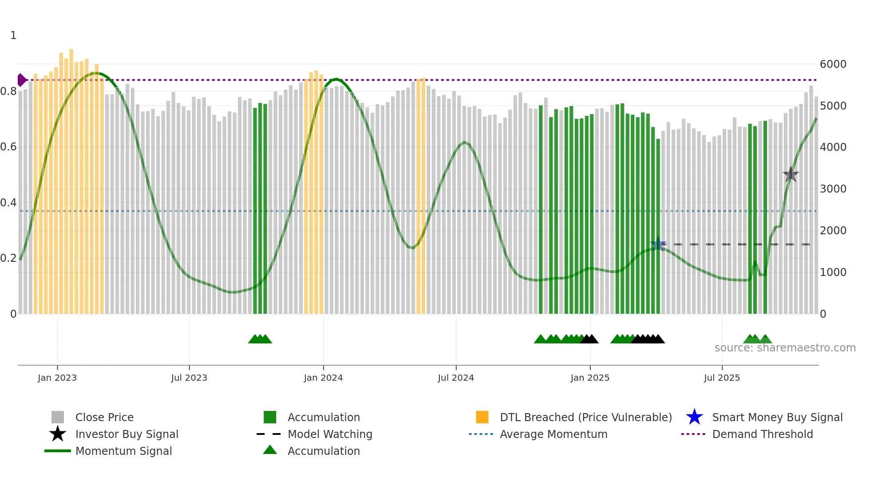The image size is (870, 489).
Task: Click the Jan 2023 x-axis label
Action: coord(57,378)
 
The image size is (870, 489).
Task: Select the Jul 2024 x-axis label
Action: coord(456,378)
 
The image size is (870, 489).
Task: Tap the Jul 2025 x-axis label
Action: coord(722,378)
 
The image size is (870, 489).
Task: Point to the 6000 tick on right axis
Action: coord(833,64)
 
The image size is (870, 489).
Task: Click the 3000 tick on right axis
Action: coord(833,189)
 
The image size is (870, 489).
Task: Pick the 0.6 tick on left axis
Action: coord(9,147)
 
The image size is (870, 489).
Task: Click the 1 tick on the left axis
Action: coord(13,35)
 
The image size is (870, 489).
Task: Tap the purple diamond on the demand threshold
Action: coord(21,80)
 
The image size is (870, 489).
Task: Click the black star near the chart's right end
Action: coord(791,175)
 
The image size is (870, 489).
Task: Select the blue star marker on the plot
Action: coord(658,244)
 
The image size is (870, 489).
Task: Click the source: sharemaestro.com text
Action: coord(785,348)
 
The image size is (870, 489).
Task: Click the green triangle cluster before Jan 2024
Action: coord(260,339)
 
